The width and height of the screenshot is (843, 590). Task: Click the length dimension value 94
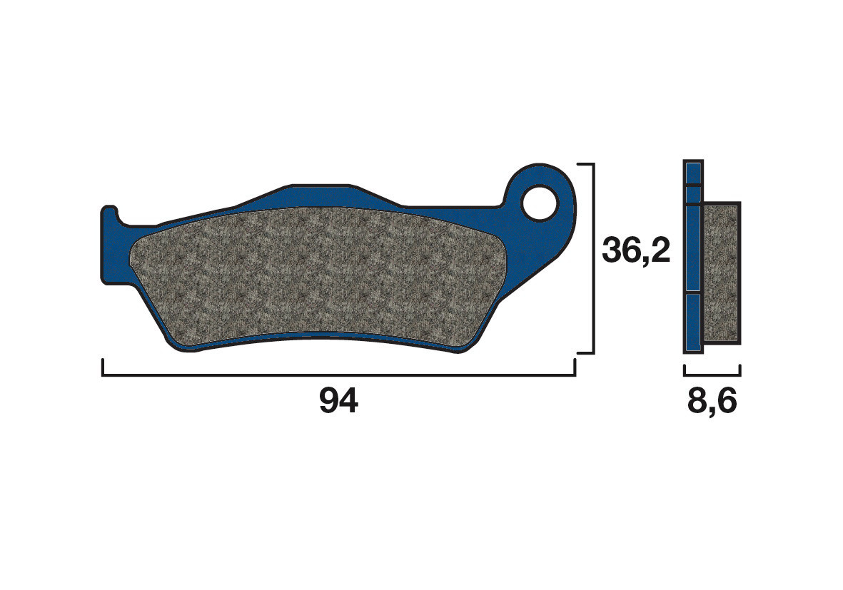[x=338, y=402]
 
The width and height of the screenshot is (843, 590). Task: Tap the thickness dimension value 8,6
[x=712, y=402]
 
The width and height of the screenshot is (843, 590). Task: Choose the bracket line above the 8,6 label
[x=712, y=374]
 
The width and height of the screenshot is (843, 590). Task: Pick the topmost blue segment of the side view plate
[x=693, y=173]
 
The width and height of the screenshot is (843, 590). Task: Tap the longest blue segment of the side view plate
[x=693, y=248]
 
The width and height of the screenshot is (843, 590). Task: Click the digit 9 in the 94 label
[x=328, y=402]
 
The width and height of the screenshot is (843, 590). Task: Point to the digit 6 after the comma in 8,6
[x=725, y=402]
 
